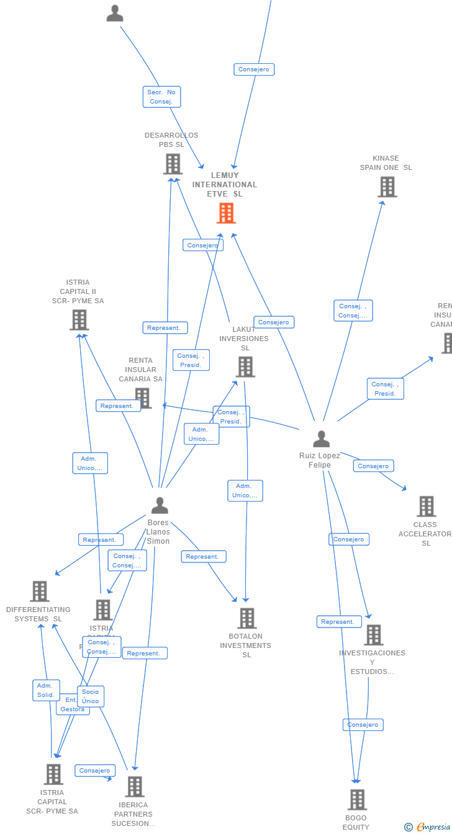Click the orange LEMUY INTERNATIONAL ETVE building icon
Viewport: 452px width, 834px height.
pyautogui.click(x=226, y=213)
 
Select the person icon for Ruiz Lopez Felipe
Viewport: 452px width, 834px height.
pyautogui.click(x=321, y=439)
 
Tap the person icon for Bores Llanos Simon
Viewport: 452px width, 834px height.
pyautogui.click(x=160, y=506)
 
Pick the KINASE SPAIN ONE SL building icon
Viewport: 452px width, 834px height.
pyautogui.click(x=387, y=187)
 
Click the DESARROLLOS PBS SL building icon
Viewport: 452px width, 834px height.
pyautogui.click(x=173, y=164)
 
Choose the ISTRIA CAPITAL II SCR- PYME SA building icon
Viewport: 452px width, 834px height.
pyautogui.click(x=79, y=320)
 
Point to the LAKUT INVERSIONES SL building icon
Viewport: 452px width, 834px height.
pyautogui.click(x=245, y=367)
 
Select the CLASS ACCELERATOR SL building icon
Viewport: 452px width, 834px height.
pyautogui.click(x=426, y=507)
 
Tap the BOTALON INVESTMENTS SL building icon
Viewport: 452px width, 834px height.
pyautogui.click(x=247, y=618)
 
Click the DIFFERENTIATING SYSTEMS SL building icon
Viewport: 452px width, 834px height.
pyautogui.click(x=40, y=592)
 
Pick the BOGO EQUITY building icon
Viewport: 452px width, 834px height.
pyautogui.click(x=357, y=800)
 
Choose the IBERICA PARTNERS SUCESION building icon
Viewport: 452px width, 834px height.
pyautogui.click(x=135, y=787)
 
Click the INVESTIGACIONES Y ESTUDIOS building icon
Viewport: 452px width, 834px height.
pyautogui.click(x=373, y=635)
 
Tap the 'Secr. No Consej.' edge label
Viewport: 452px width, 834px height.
pyautogui.click(x=161, y=97)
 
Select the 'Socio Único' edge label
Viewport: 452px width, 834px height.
pyautogui.click(x=91, y=696)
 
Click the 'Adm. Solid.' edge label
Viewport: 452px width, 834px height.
pyautogui.click(x=46, y=690)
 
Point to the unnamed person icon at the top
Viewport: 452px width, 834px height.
pyautogui.click(x=115, y=13)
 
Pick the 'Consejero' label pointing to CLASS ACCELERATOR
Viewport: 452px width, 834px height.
pyautogui.click(x=373, y=466)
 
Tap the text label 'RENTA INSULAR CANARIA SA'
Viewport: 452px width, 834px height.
pyautogui.click(x=141, y=370)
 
